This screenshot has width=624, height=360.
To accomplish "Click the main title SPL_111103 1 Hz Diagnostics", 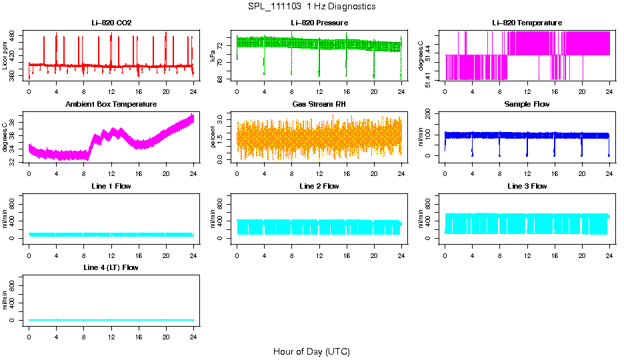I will [x=311, y=6].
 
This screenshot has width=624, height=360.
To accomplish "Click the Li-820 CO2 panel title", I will [x=111, y=23].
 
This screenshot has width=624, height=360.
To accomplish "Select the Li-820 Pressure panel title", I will [x=319, y=23].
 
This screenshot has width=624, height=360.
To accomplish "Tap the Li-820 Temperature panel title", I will [x=527, y=23].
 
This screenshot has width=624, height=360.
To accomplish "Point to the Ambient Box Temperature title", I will [x=111, y=105].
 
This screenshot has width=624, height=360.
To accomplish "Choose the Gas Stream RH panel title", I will [x=319, y=105].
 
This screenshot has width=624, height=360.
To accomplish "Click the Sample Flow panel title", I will [x=527, y=105].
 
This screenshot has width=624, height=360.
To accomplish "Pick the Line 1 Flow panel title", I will [x=111, y=186].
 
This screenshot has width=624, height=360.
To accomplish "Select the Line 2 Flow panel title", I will [x=319, y=186].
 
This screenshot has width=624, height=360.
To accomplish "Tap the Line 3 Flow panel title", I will [x=527, y=186].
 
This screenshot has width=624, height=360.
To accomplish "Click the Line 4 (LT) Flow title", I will [x=111, y=267].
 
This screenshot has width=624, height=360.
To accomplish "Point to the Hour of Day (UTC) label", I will [x=311, y=351].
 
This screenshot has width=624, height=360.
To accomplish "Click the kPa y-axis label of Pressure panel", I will [x=213, y=56].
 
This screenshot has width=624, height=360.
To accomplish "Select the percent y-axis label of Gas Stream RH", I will [x=213, y=137].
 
